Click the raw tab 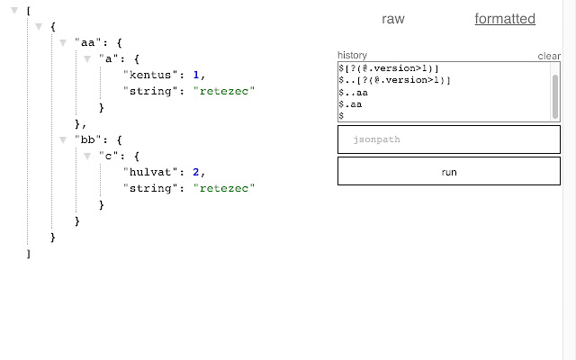pos(393,19)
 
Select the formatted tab pos(505,19)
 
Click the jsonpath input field pos(448,139)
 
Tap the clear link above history pos(549,56)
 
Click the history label pos(352,56)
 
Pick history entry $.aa pos(350,104)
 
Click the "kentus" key pos(149,75)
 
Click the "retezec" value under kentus pos(224,91)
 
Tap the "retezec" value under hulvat pos(224,188)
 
